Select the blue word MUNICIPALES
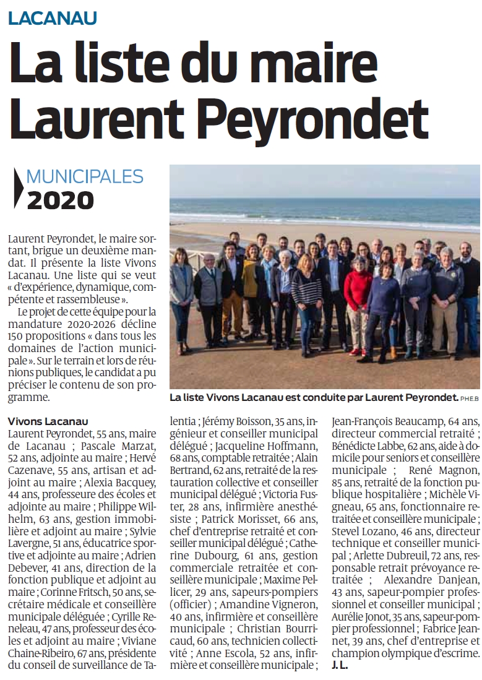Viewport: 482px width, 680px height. click(x=85, y=178)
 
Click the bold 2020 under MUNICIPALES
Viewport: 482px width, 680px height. click(x=60, y=200)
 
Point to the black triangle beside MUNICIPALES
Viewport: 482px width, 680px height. click(x=18, y=188)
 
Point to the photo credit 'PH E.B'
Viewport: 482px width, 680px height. click(x=470, y=398)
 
